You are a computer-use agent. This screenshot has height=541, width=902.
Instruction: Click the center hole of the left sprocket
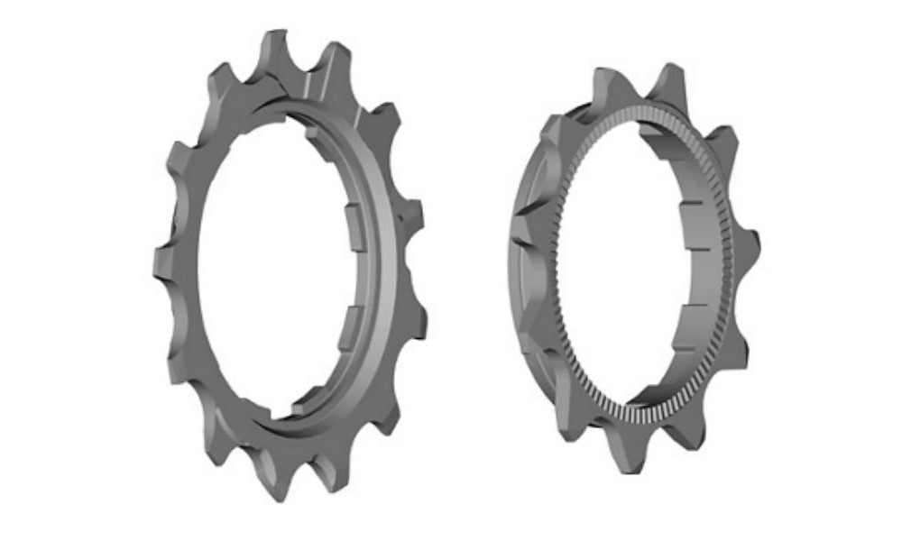tap(271, 270)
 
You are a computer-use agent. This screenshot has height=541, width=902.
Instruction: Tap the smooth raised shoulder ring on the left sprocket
tap(383, 270)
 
